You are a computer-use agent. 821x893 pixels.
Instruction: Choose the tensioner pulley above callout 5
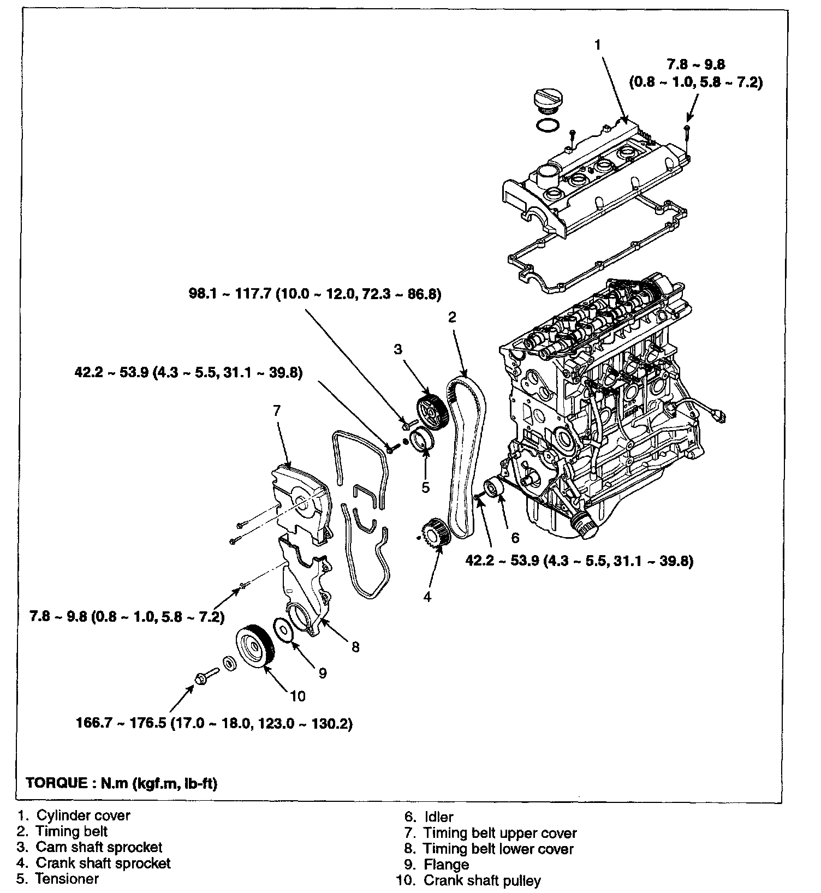pyautogui.click(x=422, y=440)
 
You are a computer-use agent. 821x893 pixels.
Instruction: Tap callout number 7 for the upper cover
pyautogui.click(x=277, y=410)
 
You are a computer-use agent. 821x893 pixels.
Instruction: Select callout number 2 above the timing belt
pyautogui.click(x=452, y=317)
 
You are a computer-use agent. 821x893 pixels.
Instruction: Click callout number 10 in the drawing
pyautogui.click(x=298, y=696)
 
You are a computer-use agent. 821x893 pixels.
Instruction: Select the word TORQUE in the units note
pyautogui.click(x=56, y=783)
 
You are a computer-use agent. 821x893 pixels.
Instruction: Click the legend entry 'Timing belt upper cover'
pyautogui.click(x=499, y=833)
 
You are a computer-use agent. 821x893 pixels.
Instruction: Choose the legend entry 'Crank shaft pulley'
pyautogui.click(x=482, y=880)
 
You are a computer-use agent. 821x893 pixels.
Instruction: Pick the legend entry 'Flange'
pyautogui.click(x=446, y=865)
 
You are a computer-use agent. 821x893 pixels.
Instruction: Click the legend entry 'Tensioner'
pyautogui.click(x=67, y=879)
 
